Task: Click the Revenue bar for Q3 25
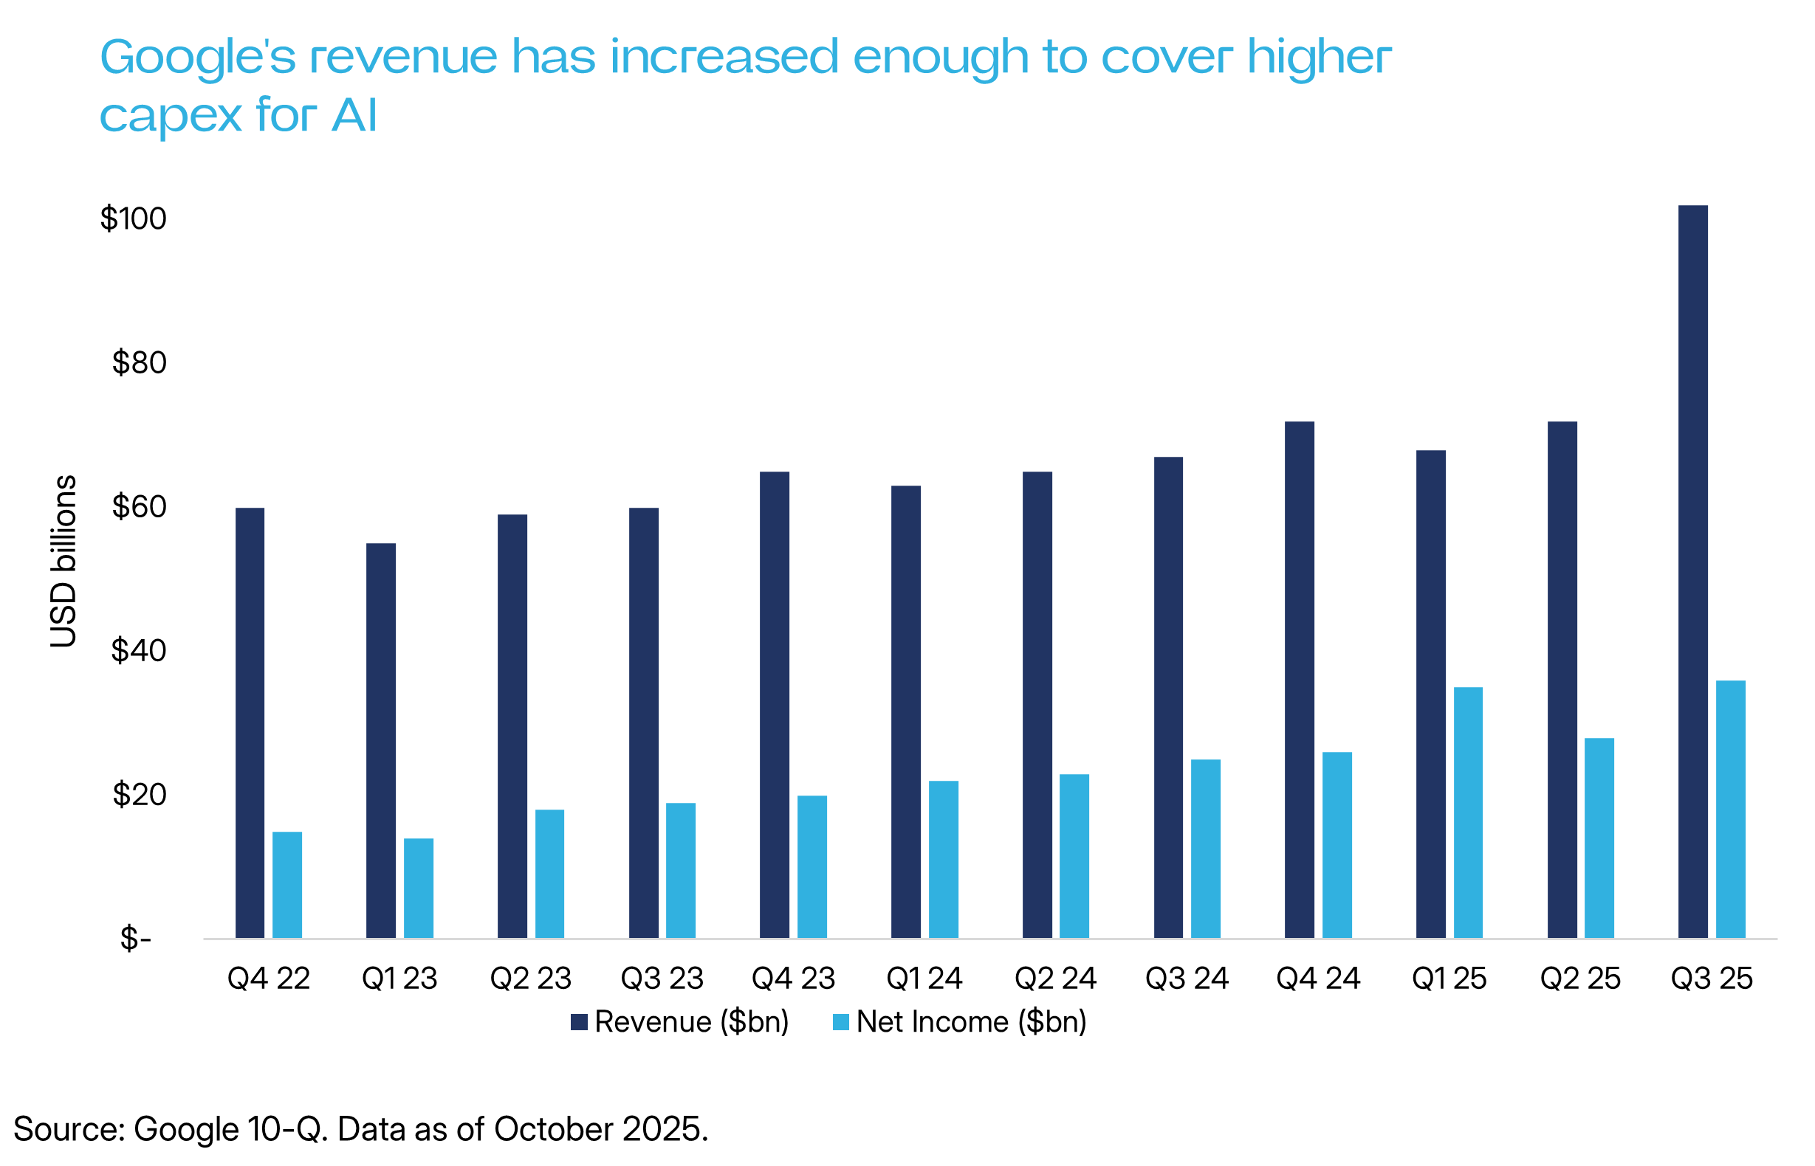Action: pyautogui.click(x=1692, y=572)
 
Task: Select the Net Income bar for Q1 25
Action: pyautogui.click(x=1467, y=813)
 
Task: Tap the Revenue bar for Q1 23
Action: pyautogui.click(x=381, y=740)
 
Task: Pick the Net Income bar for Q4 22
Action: pyautogui.click(x=287, y=884)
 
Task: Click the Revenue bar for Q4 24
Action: pyautogui.click(x=1299, y=680)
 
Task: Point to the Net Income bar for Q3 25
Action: pyautogui.click(x=1730, y=810)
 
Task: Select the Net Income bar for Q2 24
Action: pyautogui.click(x=1074, y=855)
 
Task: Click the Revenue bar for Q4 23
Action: pyautogui.click(x=774, y=705)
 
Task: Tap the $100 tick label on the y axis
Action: pyautogui.click(x=134, y=219)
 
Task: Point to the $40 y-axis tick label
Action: pyautogui.click(x=139, y=650)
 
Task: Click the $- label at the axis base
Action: pyautogui.click(x=136, y=939)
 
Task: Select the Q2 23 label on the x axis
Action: pyautogui.click(x=530, y=979)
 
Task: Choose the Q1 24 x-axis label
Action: pyautogui.click(x=924, y=979)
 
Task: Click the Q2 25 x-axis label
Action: pyautogui.click(x=1580, y=979)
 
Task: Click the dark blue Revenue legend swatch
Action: pyautogui.click(x=580, y=1022)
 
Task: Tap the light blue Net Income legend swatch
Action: pyautogui.click(x=841, y=1022)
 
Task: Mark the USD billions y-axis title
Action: pyautogui.click(x=64, y=561)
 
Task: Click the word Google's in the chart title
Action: pyautogui.click(x=197, y=58)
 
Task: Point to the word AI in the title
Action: pyautogui.click(x=354, y=116)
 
